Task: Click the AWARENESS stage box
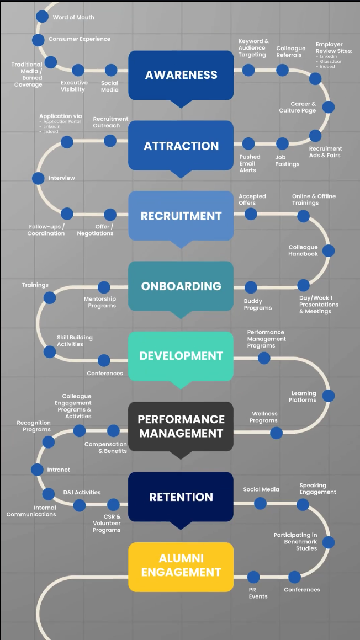(x=181, y=75)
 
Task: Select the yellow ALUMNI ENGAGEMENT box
(x=181, y=566)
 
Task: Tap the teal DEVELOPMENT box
(x=181, y=356)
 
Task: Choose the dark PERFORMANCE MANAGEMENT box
(x=181, y=426)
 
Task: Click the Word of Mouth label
(x=73, y=18)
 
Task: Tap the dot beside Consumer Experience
(x=38, y=40)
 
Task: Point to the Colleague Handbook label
(x=303, y=250)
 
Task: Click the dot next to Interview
(x=38, y=178)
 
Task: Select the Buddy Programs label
(x=258, y=305)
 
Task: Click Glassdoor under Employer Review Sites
(x=330, y=61)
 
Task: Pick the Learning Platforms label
(x=303, y=396)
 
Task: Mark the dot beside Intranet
(x=37, y=470)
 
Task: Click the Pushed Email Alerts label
(x=249, y=163)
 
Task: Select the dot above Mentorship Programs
(x=104, y=287)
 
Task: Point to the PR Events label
(x=258, y=593)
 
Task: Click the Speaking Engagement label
(x=317, y=488)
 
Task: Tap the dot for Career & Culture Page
(x=328, y=107)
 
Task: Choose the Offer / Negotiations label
(x=95, y=230)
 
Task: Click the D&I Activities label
(x=82, y=492)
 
